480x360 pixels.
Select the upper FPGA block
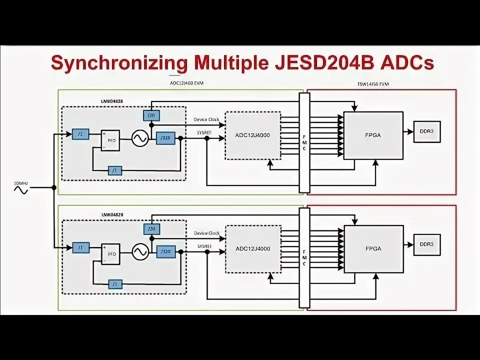373,135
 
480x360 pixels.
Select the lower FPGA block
373,248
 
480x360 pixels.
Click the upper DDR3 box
426,132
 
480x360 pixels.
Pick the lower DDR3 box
426,245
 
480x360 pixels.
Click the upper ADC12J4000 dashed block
252,135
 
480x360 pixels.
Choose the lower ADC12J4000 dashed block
252,249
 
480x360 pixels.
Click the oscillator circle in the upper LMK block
140,138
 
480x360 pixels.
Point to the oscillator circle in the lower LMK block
140,252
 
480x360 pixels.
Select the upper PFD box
110,140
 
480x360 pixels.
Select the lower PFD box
110,253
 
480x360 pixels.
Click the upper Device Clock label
206,119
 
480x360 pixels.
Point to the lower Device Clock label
207,233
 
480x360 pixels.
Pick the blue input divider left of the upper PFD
80,134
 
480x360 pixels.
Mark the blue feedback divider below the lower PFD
115,284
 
